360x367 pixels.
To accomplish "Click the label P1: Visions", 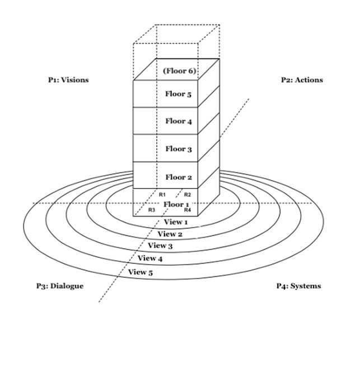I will (68, 80).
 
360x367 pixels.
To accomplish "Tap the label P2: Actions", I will (302, 80).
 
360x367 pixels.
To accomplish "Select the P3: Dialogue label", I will (59, 286).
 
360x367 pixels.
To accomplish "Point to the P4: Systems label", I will (298, 286).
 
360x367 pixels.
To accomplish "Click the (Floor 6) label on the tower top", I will (179, 71).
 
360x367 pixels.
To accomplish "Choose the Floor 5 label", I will (178, 94).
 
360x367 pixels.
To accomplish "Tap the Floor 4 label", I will (178, 121).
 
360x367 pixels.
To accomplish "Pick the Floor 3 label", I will (178, 149).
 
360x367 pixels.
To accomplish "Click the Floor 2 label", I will (178, 177).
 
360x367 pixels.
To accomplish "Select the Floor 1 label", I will (177, 204).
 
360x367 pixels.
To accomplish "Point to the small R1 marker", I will (162, 194).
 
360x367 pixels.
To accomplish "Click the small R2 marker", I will (188, 195).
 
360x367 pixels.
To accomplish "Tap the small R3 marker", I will (151, 210).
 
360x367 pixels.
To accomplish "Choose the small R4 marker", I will (188, 210).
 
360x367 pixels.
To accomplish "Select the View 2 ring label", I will (170, 234).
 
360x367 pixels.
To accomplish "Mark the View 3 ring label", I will (160, 246).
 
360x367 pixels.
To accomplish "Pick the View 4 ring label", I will (150, 258).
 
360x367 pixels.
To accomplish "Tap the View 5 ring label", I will (141, 272).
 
